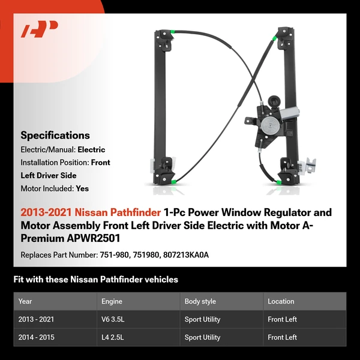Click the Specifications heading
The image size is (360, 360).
[x=55, y=136]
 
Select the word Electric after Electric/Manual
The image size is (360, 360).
[x=92, y=149]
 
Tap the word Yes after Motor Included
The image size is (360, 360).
[x=82, y=188]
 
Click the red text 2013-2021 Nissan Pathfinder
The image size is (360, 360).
[x=91, y=212]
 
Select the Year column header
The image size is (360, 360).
[x=25, y=301]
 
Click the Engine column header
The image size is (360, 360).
[x=112, y=301]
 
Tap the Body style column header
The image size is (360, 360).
[x=200, y=301]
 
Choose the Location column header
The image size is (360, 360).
[x=281, y=301]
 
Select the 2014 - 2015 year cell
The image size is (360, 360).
[x=37, y=337]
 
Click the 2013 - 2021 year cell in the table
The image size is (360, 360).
[x=37, y=319]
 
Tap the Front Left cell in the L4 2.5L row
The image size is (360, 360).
[x=282, y=337]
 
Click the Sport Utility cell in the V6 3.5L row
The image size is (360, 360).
[x=203, y=319]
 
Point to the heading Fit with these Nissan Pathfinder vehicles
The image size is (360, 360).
[x=95, y=280]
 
